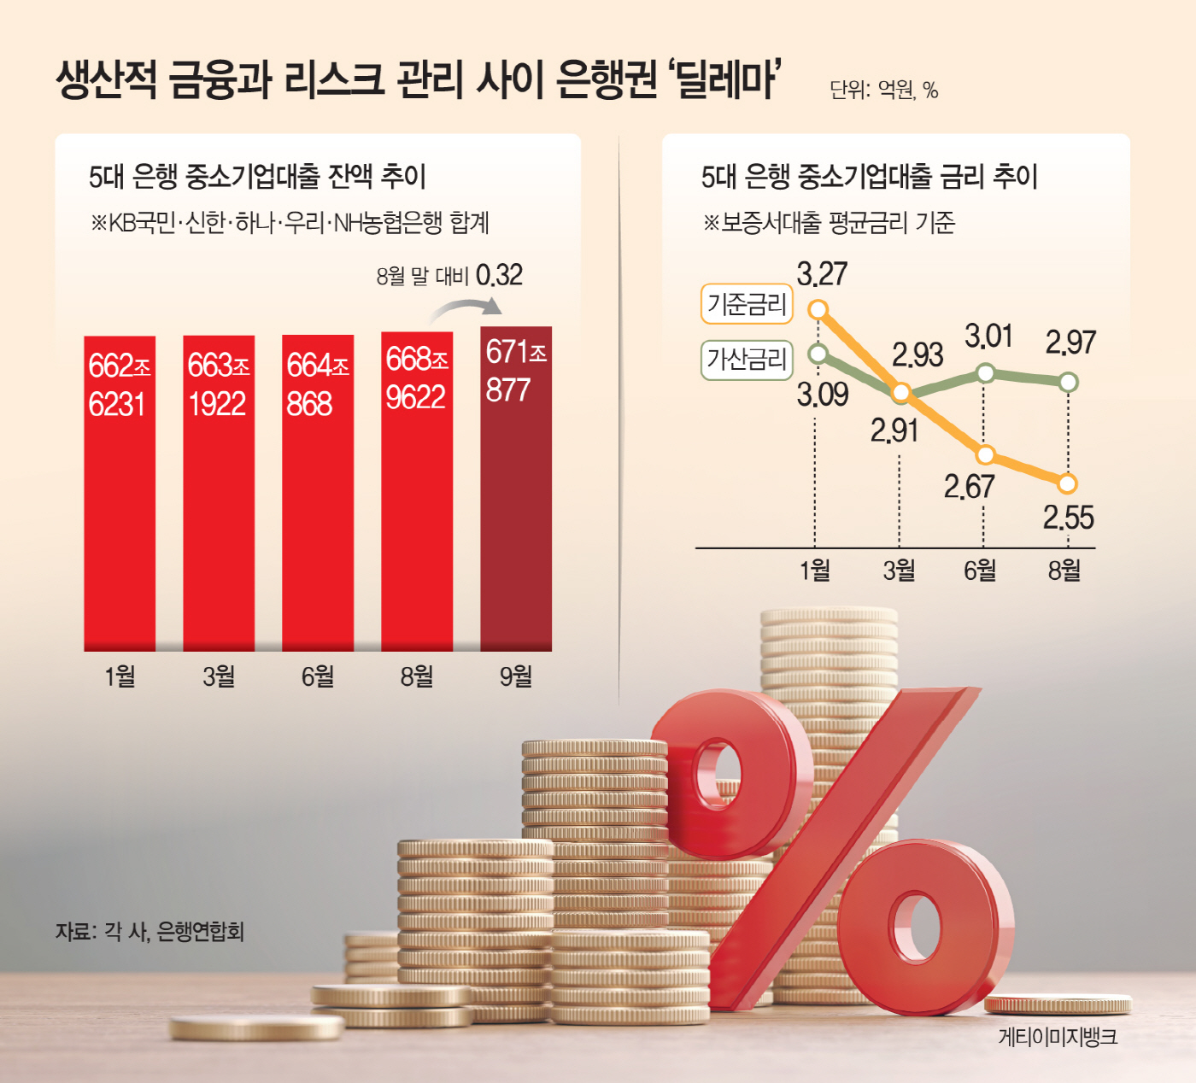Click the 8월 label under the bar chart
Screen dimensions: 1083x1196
click(x=417, y=676)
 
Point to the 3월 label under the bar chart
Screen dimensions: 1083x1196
click(x=219, y=676)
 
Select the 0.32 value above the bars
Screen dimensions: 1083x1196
click(x=499, y=275)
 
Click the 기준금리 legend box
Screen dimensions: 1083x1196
click(x=747, y=304)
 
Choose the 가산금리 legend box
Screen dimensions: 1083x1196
click(x=747, y=359)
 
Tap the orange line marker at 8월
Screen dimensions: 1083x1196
click(x=1067, y=483)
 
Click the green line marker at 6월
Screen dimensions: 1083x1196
click(x=985, y=372)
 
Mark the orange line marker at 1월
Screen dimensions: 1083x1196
click(x=818, y=309)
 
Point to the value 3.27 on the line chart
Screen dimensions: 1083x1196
click(x=822, y=274)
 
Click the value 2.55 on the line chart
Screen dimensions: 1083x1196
click(x=1068, y=518)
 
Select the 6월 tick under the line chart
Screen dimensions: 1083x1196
click(x=980, y=570)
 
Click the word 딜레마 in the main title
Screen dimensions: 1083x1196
click(x=727, y=79)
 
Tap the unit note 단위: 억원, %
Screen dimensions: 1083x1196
click(x=883, y=90)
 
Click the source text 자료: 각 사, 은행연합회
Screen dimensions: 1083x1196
click(x=149, y=931)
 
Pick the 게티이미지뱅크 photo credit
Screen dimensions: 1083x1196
click(x=1058, y=1037)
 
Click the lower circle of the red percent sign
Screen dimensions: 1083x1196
click(x=919, y=927)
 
